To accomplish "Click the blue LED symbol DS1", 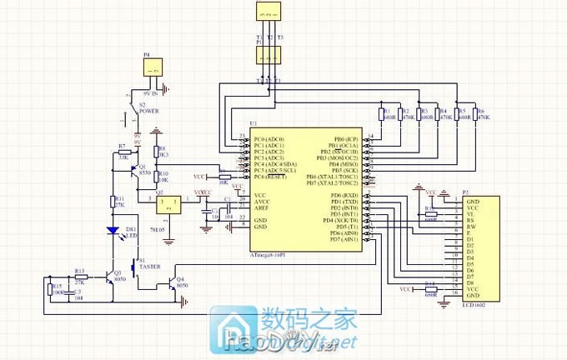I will (x=111, y=232).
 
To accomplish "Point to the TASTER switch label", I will (x=150, y=267).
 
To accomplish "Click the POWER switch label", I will (x=149, y=110).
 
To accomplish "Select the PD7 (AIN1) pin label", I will (x=344, y=239).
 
